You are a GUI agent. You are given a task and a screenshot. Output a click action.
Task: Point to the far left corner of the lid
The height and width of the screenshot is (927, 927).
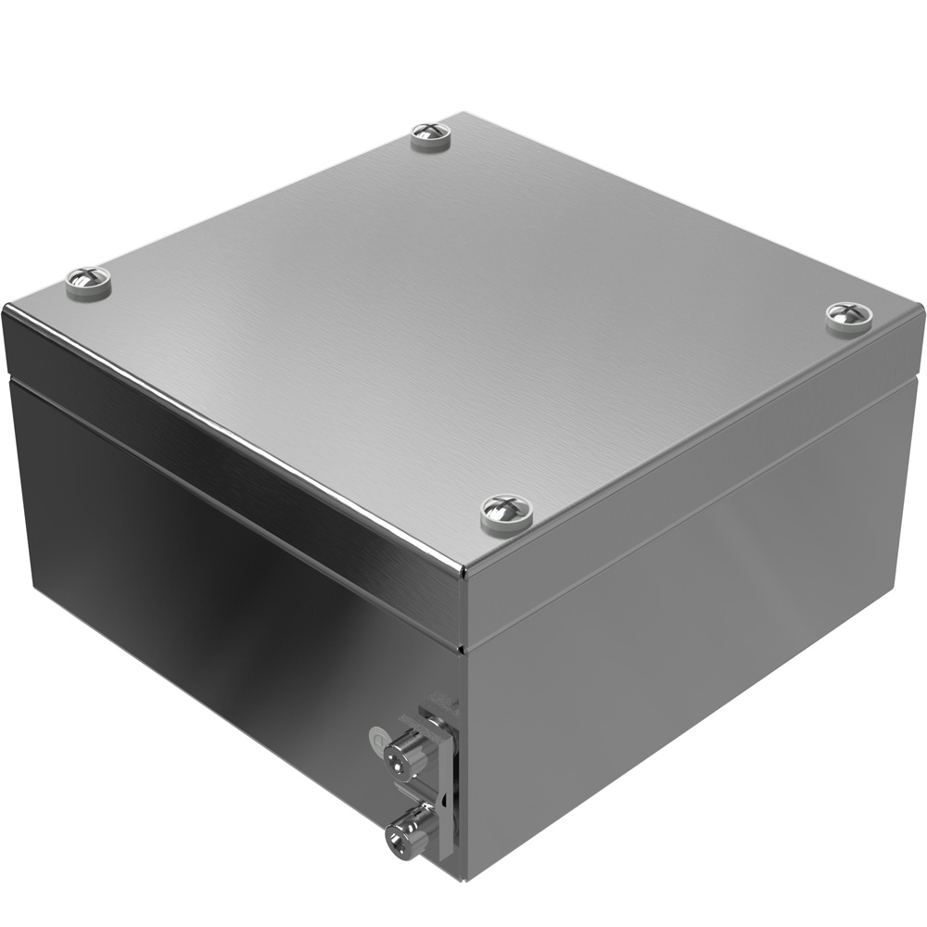5,309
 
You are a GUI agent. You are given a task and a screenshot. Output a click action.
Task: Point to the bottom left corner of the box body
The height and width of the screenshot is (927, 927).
28,584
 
